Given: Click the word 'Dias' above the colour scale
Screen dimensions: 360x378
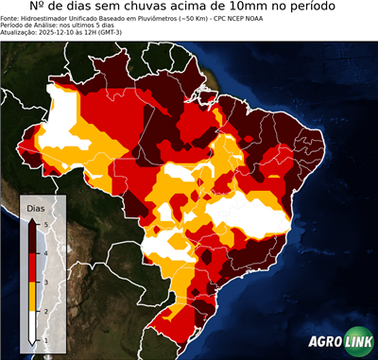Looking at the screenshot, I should [x=34, y=206].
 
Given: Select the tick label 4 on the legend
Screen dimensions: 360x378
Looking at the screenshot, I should [x=45, y=252].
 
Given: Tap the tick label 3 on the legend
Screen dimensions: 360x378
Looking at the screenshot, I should [x=45, y=282].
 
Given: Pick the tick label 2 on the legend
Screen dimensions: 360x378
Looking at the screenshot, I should [x=45, y=310].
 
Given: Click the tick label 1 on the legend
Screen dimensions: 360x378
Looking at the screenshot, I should [x=45, y=338].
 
